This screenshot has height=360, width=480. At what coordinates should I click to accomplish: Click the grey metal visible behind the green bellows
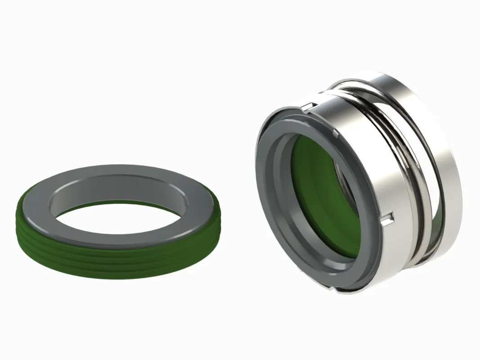click(x=349, y=189)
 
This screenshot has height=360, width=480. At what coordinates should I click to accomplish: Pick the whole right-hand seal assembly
click(x=355, y=184)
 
